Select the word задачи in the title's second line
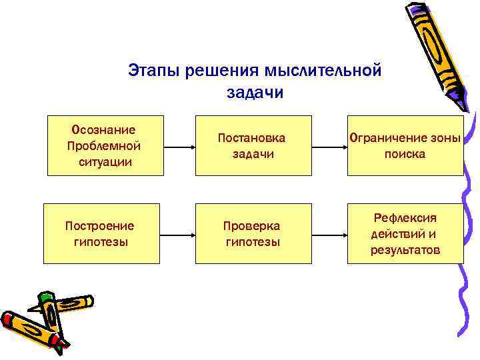255,92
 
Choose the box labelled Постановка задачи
253,145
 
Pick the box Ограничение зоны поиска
405,145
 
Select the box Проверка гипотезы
253,233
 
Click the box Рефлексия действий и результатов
405,233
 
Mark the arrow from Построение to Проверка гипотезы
179,233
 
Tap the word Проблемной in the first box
104,145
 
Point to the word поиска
405,154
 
